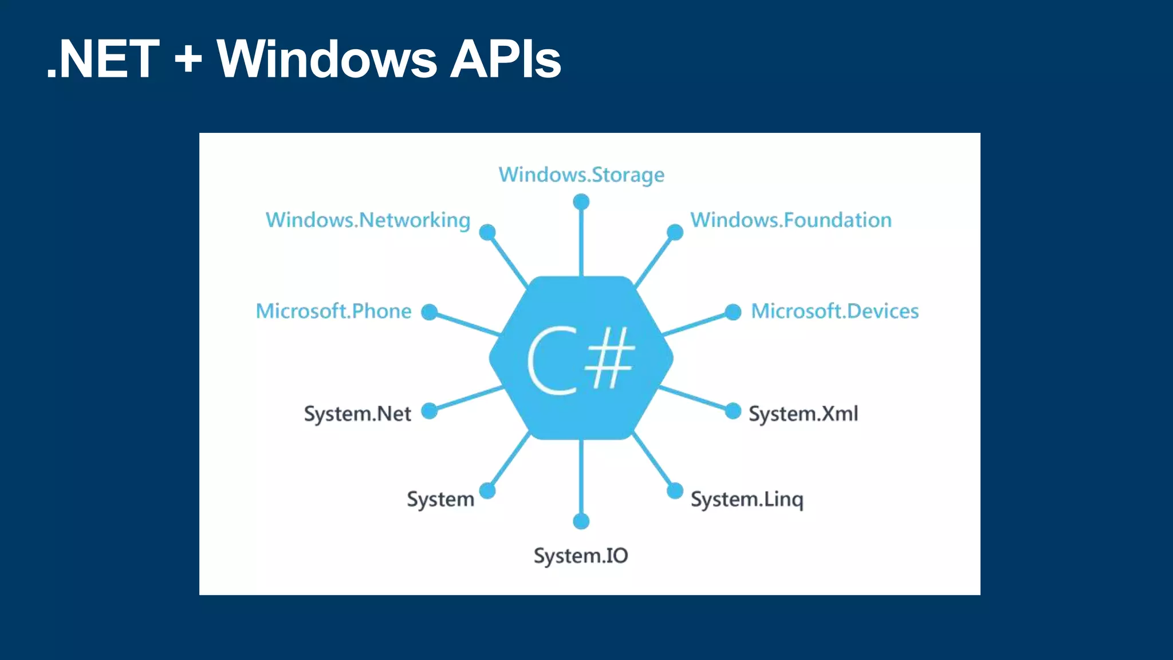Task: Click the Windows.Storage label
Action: click(x=581, y=175)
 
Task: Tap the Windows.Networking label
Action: click(x=368, y=221)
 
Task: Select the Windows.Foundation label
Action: click(x=791, y=221)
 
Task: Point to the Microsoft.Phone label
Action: click(x=333, y=311)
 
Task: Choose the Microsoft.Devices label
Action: click(x=835, y=311)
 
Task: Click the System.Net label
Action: click(x=357, y=414)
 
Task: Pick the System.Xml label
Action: click(x=803, y=414)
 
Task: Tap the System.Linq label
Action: click(x=747, y=500)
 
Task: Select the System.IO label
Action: click(x=581, y=556)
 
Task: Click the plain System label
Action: click(x=440, y=500)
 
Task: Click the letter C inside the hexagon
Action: click(x=552, y=361)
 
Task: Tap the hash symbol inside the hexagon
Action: click(x=611, y=358)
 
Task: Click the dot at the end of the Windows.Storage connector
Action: click(x=581, y=202)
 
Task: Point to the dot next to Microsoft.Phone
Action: click(x=430, y=312)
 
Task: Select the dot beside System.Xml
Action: click(x=733, y=411)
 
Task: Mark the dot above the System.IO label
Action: click(x=581, y=521)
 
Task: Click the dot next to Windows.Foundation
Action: click(x=675, y=232)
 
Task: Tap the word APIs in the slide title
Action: click(x=505, y=59)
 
